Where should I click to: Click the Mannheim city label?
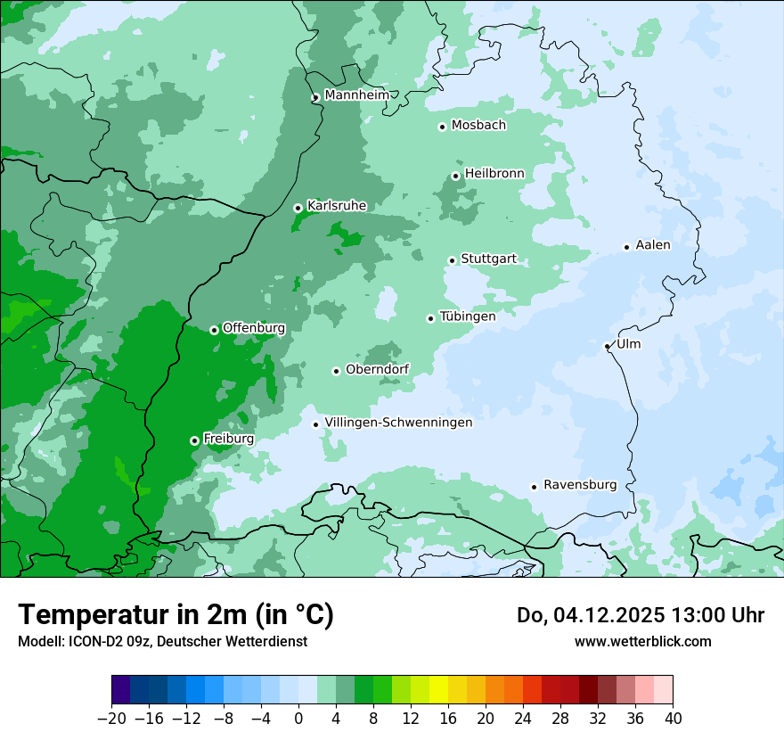tap(355, 95)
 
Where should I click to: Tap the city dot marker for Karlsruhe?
tap(298, 208)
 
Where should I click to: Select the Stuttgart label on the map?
tap(488, 259)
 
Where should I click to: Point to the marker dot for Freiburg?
tap(194, 440)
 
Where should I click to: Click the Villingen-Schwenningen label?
tap(398, 423)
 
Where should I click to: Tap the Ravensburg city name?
tap(580, 485)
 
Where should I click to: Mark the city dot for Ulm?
tap(608, 346)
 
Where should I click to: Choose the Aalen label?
tap(653, 245)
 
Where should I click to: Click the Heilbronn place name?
tap(494, 173)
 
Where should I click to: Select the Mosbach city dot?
tap(442, 127)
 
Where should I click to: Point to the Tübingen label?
tap(468, 317)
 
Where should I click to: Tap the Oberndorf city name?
tap(378, 369)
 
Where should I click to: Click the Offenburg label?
tap(254, 328)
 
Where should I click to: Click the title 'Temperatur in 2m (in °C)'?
tap(176, 615)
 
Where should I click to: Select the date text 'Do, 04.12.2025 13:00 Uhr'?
tap(641, 615)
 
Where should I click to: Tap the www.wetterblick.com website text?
tap(642, 641)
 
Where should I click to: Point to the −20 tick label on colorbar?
tap(111, 719)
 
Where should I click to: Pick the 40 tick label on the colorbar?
tap(673, 719)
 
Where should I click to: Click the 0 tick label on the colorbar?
tap(298, 719)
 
